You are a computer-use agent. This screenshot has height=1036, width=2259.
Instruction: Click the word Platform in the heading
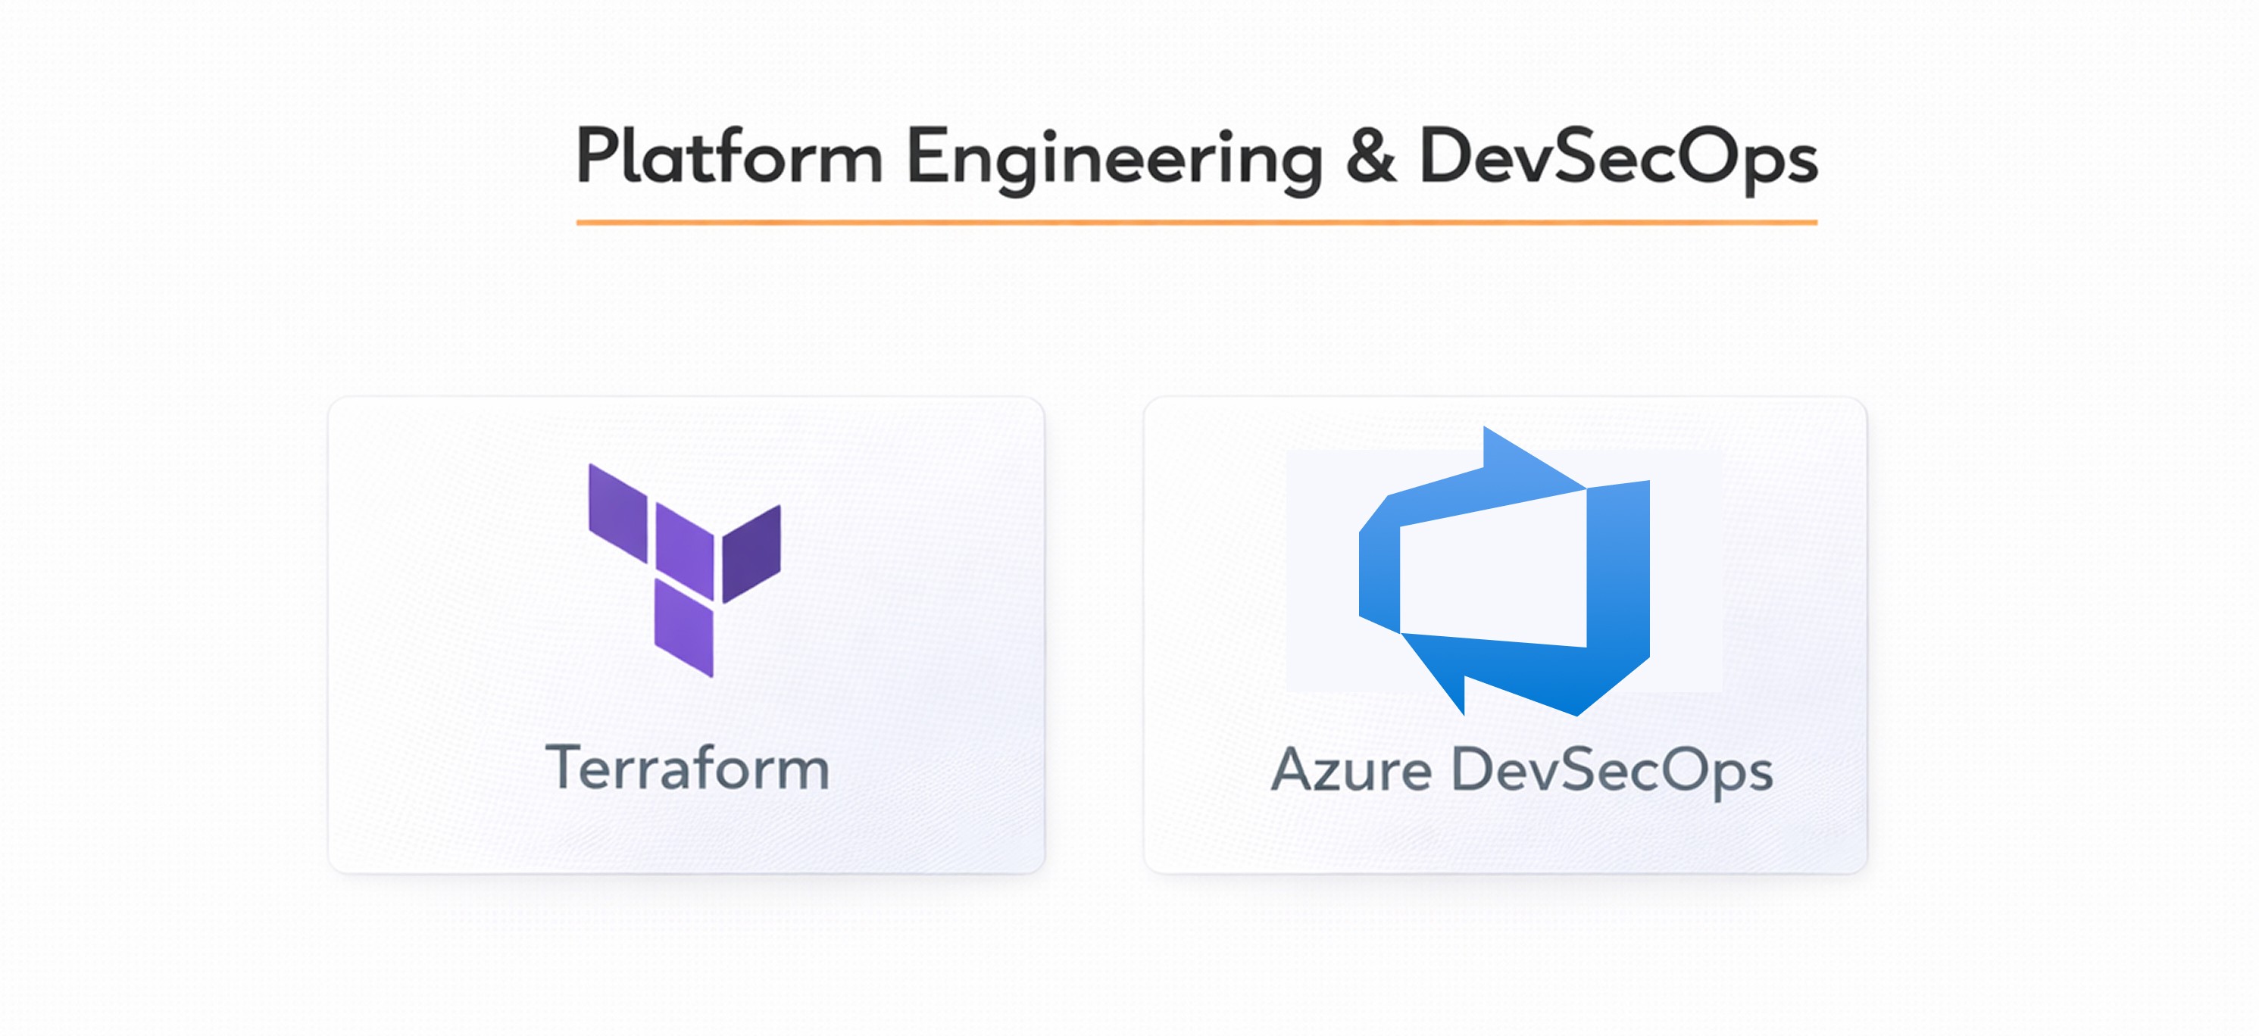pos(728,158)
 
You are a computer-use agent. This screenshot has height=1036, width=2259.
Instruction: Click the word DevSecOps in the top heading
pos(1618,158)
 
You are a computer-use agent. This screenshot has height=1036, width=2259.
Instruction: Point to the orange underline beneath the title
pos(1196,223)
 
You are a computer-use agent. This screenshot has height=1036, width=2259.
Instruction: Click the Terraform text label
pos(688,768)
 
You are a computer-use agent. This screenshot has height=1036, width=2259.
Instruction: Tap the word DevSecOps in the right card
pos(1612,771)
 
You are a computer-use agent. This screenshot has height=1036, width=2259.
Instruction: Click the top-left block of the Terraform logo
pos(617,513)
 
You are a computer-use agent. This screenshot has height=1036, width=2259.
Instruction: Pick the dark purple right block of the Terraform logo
pos(751,554)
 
